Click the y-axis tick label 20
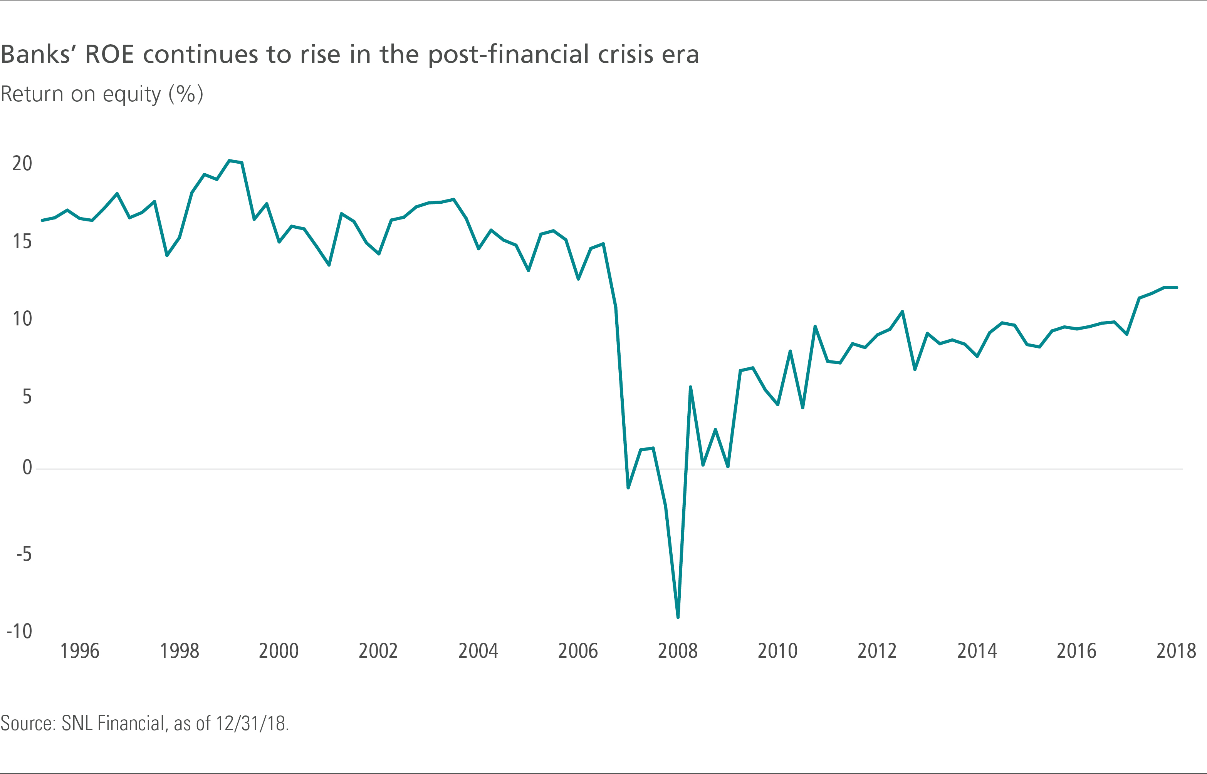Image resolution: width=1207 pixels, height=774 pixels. [22, 164]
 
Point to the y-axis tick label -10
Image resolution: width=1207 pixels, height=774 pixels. [20, 631]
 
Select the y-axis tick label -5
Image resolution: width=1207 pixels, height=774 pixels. [24, 555]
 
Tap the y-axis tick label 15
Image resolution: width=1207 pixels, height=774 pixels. [22, 242]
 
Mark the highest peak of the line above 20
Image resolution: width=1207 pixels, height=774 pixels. [229, 161]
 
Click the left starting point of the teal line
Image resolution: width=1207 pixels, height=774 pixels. [42, 220]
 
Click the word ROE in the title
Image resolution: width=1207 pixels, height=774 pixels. [109, 54]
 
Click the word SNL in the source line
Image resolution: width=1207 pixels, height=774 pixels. [77, 724]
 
